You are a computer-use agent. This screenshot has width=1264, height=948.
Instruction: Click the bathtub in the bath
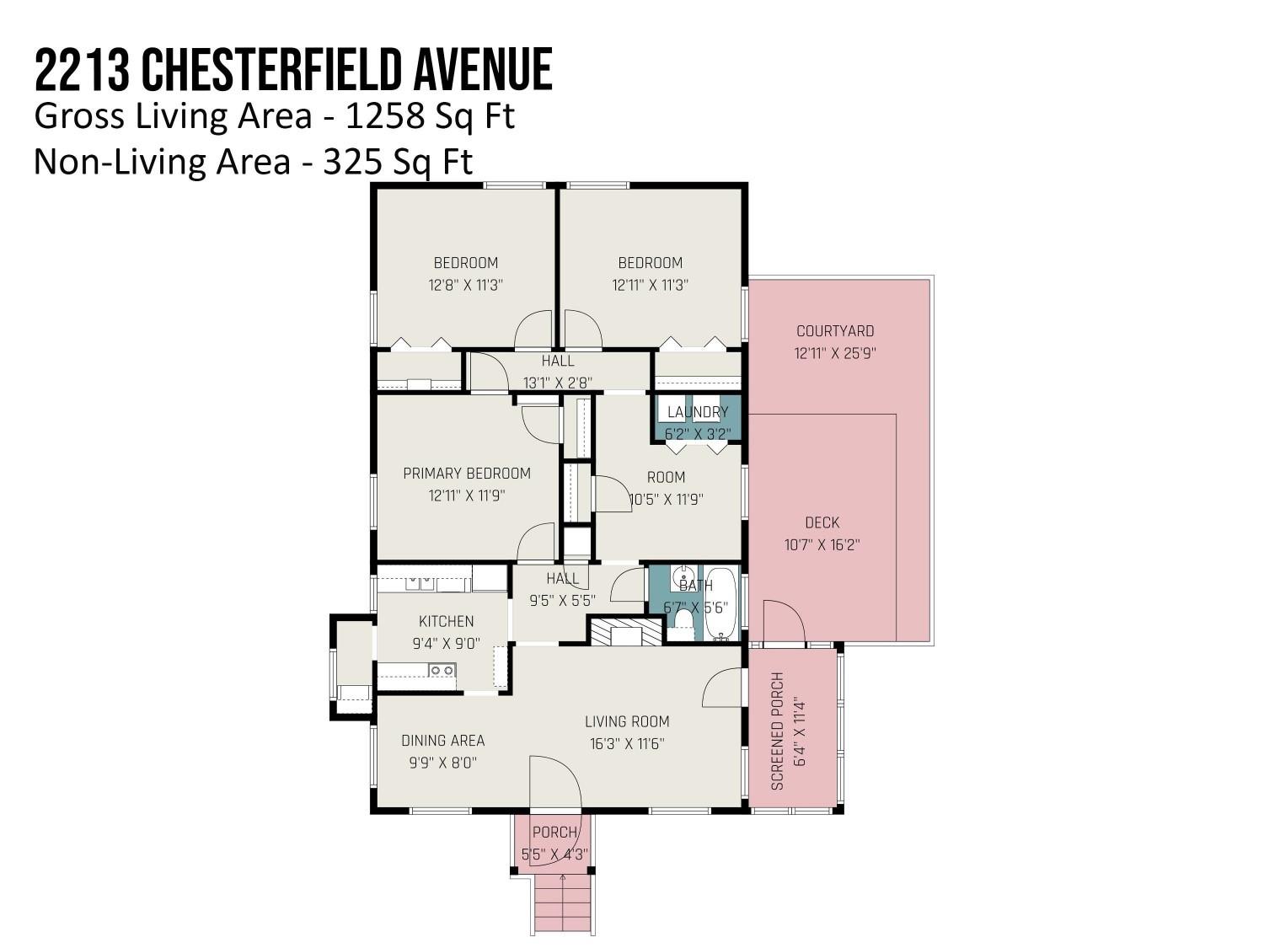coord(720,603)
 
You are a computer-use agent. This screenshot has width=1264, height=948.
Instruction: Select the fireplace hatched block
coord(625,631)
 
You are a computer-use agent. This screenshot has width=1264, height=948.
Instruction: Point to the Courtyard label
coord(834,331)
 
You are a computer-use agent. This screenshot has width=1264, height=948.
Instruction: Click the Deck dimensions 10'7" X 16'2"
coord(822,544)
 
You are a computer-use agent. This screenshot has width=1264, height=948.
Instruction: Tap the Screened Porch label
coord(777,731)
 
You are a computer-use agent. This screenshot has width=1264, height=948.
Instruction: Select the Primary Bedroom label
coord(467,474)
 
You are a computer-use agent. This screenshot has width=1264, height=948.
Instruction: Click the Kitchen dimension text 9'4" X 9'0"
coord(446,644)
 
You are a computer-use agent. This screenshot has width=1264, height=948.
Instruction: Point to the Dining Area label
coord(443,741)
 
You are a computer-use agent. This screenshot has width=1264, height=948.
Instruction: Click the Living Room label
coord(627,722)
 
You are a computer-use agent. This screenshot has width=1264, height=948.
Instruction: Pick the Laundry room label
coord(698,412)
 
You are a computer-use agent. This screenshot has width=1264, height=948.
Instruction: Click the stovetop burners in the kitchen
coord(442,671)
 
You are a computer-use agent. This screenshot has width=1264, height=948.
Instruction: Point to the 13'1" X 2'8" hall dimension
coord(558,383)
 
